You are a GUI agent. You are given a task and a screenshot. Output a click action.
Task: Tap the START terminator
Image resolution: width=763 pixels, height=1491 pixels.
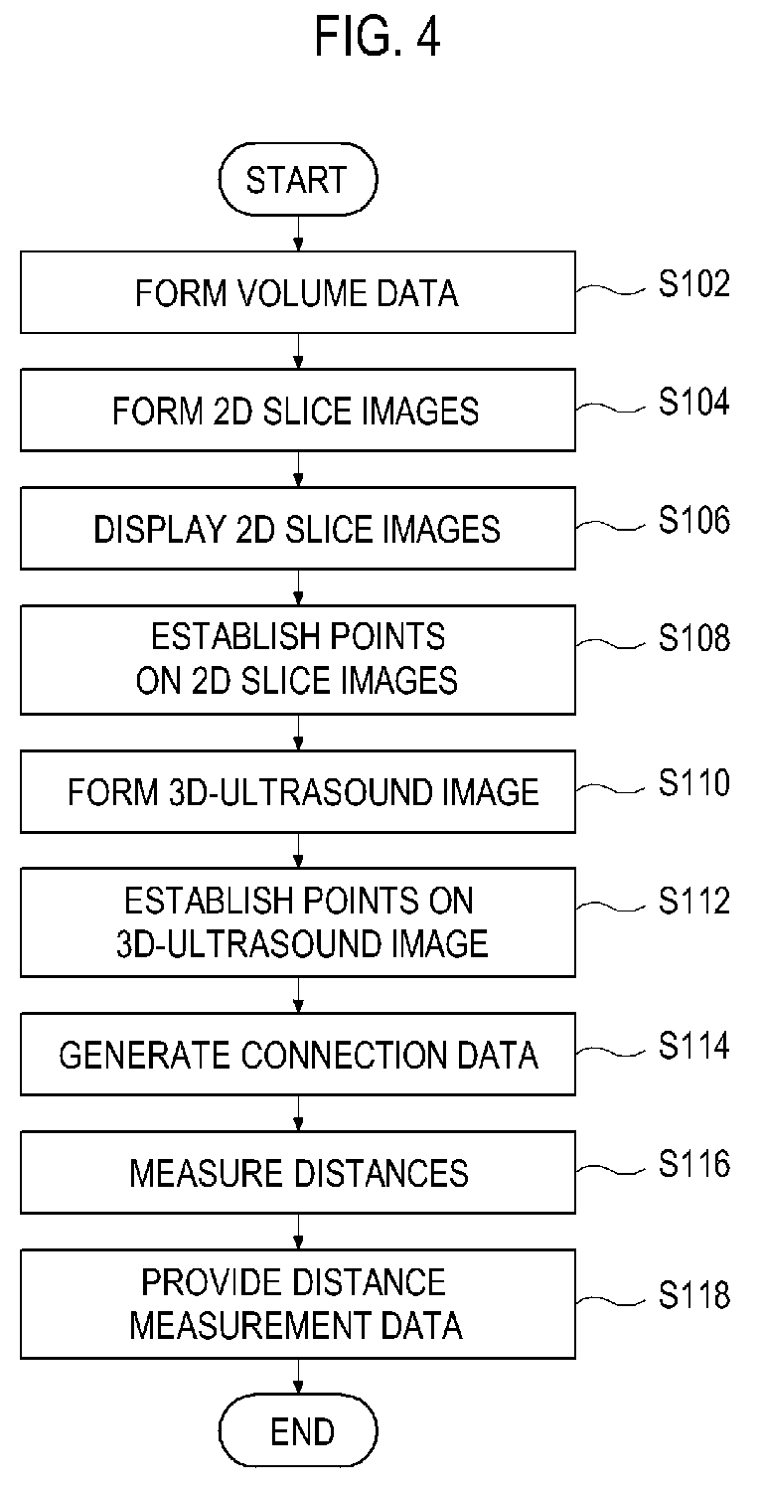coord(297,181)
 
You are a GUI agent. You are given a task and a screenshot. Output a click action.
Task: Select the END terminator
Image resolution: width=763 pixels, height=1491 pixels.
coord(297,1432)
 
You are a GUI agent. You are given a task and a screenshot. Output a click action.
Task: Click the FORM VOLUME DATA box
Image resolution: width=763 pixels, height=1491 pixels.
coord(297,293)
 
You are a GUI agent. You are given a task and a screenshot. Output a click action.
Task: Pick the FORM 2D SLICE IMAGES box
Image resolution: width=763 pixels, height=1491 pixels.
coord(297,411)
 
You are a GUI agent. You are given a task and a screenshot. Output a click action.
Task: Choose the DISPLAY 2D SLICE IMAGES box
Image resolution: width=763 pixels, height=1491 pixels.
coord(297,529)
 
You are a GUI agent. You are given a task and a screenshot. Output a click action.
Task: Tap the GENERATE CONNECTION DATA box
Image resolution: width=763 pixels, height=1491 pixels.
coord(297,1055)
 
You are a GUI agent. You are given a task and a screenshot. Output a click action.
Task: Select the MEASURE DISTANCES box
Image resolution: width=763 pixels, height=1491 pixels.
coord(297,1173)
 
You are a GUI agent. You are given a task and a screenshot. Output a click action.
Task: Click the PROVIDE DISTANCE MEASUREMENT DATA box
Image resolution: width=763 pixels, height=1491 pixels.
coord(297,1304)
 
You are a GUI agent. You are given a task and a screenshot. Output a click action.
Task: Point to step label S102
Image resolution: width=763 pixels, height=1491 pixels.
coord(694,285)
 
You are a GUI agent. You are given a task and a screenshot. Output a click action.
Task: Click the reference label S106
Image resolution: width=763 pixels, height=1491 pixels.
coord(694,521)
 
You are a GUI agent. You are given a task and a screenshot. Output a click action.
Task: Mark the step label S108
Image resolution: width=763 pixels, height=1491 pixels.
coord(694,638)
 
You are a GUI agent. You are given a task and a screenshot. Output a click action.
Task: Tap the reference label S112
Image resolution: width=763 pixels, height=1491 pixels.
coord(694,901)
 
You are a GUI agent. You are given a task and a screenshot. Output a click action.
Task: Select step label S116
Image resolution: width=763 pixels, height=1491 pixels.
coord(694,1164)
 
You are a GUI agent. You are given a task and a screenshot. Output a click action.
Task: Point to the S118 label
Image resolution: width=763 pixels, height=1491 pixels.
coord(694,1295)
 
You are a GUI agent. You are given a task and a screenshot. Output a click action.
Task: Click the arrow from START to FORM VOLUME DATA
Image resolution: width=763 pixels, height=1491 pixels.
coord(297,234)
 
